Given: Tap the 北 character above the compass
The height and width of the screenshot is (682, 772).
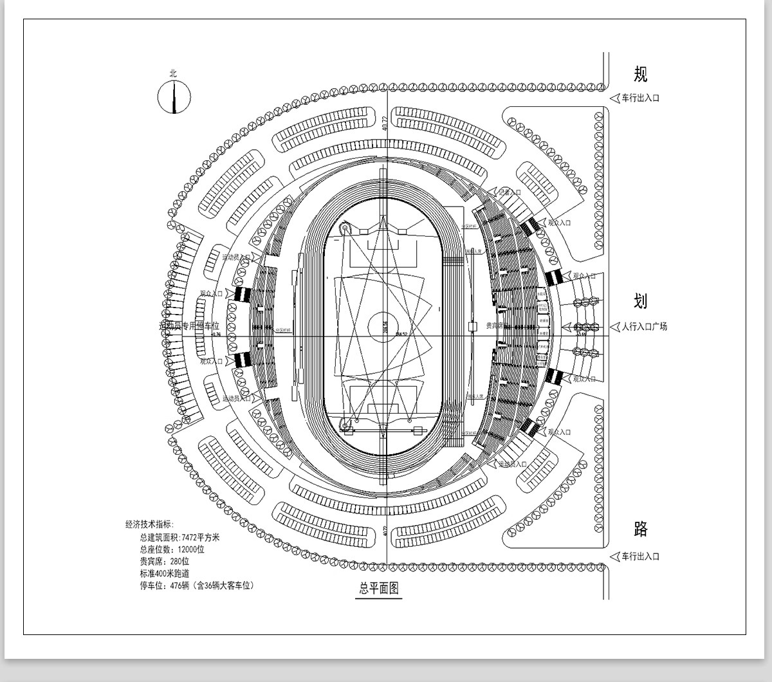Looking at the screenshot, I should (173, 74).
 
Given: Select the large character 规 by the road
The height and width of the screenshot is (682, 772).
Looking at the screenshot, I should (640, 74).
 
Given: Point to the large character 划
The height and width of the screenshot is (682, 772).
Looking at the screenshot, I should (640, 300).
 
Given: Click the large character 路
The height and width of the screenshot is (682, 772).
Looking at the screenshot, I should (640, 529).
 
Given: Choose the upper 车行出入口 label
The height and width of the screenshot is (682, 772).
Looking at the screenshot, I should (640, 98).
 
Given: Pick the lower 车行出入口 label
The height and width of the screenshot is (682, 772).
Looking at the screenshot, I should (640, 557).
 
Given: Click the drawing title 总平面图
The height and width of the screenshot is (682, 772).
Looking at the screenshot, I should (379, 588).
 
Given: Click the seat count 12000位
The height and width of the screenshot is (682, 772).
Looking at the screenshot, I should (191, 549).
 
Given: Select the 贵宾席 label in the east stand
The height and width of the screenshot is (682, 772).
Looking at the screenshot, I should (494, 326).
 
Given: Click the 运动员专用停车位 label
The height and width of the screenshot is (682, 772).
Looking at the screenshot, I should (189, 326).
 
